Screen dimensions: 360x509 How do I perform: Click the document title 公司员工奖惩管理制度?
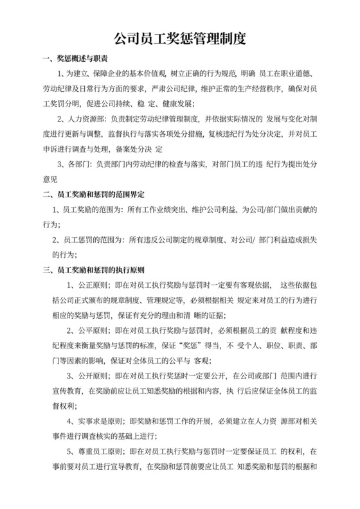click(180, 39)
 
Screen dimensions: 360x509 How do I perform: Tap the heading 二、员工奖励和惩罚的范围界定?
click(93, 195)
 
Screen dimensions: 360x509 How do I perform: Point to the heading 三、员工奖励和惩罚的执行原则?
click(93, 269)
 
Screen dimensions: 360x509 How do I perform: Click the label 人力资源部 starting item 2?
click(91, 101)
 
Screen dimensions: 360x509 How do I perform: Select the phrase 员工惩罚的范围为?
click(91, 240)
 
